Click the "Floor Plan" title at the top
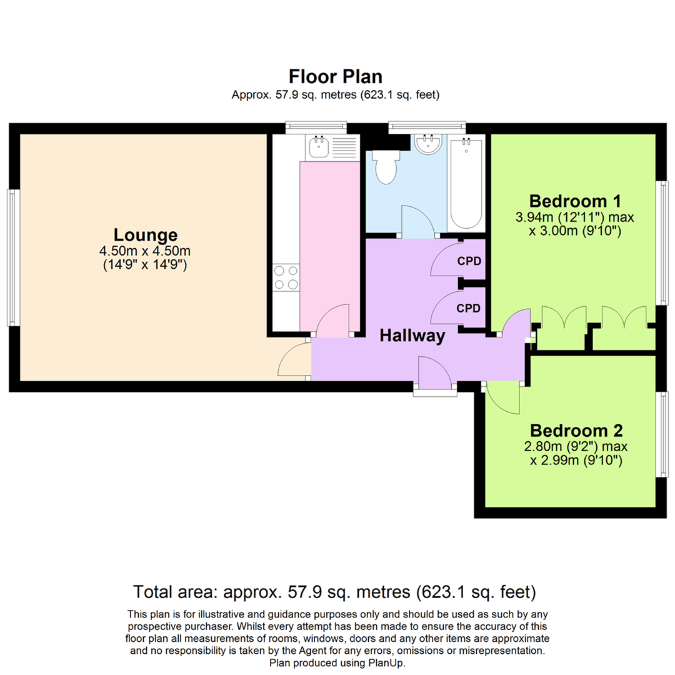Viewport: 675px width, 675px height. (335, 76)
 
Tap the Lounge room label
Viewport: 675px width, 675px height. (145, 235)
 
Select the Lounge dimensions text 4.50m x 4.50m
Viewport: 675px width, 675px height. (145, 251)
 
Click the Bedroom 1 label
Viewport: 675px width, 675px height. (574, 201)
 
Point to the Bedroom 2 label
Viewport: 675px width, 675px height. (576, 431)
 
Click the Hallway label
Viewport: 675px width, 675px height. (412, 336)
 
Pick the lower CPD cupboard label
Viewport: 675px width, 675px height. (469, 308)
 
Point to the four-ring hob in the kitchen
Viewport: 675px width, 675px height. (286, 277)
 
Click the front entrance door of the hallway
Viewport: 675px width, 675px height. (434, 374)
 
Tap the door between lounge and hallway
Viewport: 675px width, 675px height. (295, 361)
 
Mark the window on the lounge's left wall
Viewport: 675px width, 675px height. (13, 257)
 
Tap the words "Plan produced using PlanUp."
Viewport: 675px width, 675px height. (337, 662)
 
